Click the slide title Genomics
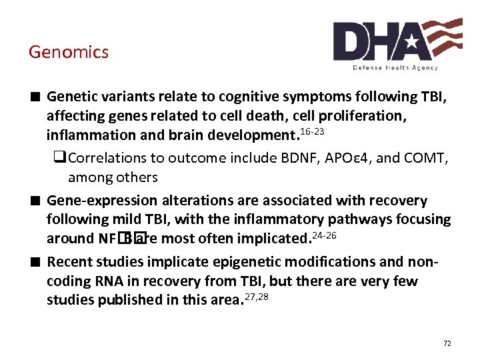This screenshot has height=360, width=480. pyautogui.click(x=68, y=52)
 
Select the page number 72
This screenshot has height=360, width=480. pyautogui.click(x=447, y=343)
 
